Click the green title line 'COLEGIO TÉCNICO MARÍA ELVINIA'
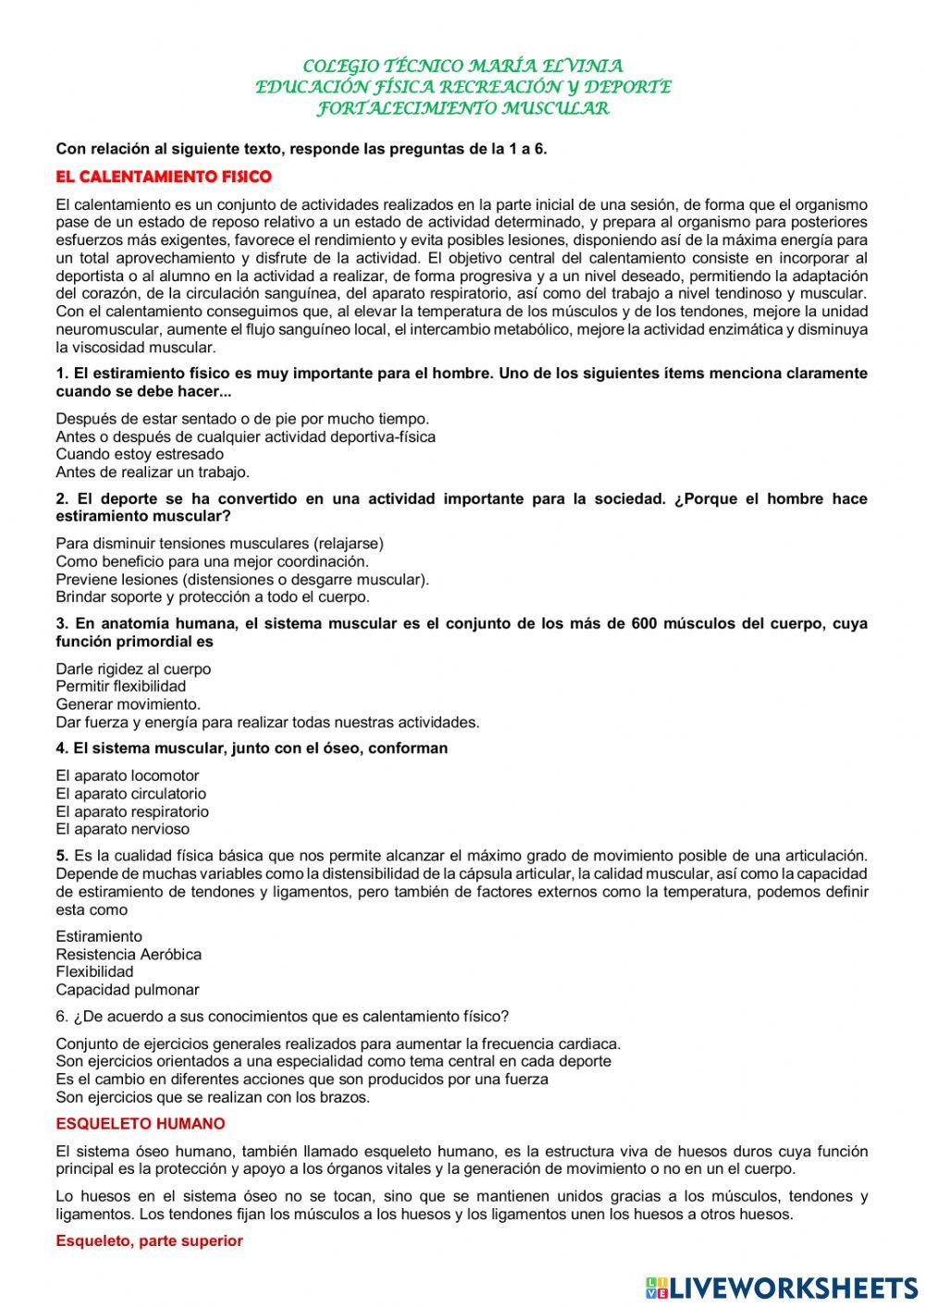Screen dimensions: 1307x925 pos(462,67)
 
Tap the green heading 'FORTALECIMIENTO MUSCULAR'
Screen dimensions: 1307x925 pos(462,108)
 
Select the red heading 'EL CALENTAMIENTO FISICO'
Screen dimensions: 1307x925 pos(164,176)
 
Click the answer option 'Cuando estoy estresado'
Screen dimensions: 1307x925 pos(140,454)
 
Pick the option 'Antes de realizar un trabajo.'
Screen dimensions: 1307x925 pos(153,472)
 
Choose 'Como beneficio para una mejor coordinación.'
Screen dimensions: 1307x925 pos(212,561)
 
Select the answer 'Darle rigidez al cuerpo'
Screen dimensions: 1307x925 pos(133,669)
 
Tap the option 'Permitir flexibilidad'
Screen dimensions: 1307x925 pos(120,686)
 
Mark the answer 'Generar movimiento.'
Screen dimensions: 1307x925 pos(128,704)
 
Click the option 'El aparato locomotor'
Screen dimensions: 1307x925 pos(128,776)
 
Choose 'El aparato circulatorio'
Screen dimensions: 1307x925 pos(131,794)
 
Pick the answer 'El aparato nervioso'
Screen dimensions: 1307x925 pos(122,830)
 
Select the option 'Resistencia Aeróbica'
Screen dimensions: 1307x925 pos(129,955)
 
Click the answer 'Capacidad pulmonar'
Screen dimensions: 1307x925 pos(128,990)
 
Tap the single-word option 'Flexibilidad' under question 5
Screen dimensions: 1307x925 pos(94,972)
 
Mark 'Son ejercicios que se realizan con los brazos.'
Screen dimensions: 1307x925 pos(213,1098)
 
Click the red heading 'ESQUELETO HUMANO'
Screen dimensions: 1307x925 pos(141,1125)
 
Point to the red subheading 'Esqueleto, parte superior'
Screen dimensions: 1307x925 pos(149,1241)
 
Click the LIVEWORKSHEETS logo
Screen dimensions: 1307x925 pos(782,1288)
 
